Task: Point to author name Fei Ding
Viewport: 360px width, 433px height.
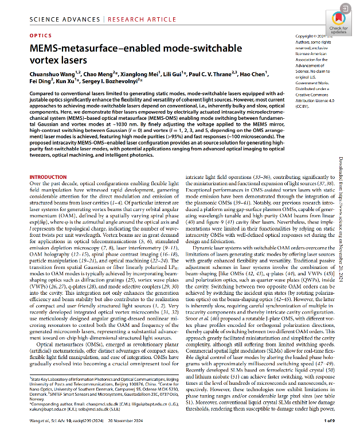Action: [40, 81]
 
